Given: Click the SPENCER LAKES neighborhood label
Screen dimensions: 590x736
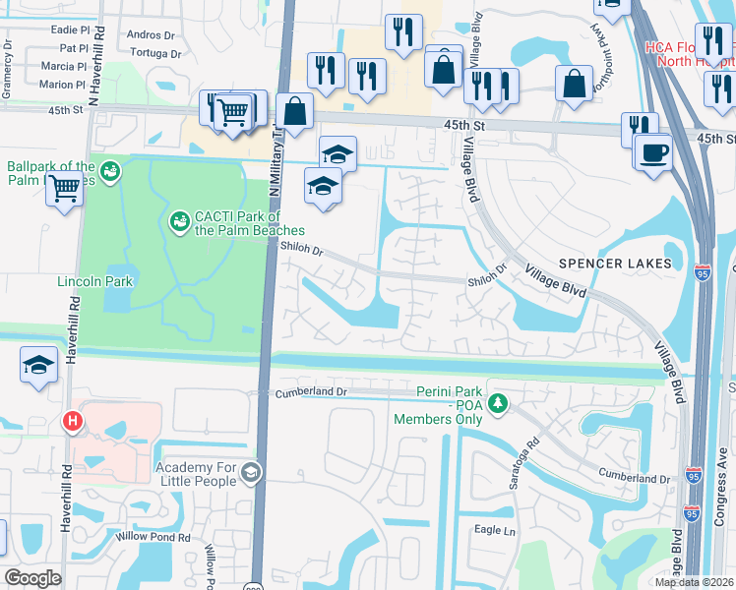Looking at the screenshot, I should tap(615, 264).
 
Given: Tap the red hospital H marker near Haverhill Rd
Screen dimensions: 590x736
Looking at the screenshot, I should tap(72, 422).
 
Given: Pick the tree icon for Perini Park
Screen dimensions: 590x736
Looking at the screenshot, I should tap(499, 403).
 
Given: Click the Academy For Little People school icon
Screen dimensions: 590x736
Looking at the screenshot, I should tap(251, 474).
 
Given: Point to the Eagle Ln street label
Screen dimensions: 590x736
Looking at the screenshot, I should tap(495, 530).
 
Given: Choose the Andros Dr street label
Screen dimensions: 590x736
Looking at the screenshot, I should tap(151, 34).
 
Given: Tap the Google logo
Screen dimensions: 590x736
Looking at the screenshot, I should tap(32, 578).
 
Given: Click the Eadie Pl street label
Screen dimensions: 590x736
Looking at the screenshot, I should tap(68, 30).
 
